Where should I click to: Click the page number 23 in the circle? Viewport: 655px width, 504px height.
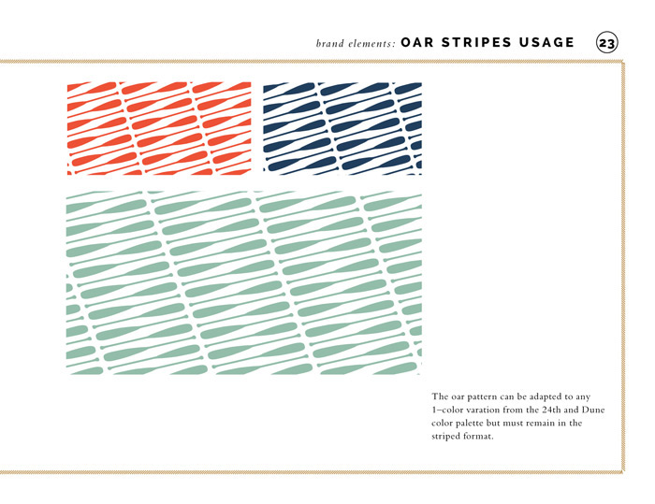[607, 43]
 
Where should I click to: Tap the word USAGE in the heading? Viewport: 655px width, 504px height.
[546, 43]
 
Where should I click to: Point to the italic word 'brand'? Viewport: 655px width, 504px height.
[330, 43]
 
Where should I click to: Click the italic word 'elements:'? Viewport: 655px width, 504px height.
[371, 43]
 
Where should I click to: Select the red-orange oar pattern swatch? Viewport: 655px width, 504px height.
[159, 128]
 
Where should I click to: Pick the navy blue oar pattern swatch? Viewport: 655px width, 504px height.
[342, 128]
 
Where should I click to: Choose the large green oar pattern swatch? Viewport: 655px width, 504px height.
[244, 282]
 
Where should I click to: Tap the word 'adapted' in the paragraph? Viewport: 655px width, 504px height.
[546, 397]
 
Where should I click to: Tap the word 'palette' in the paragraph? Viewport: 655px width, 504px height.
[469, 424]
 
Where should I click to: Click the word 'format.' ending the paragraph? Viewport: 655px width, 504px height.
[479, 437]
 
